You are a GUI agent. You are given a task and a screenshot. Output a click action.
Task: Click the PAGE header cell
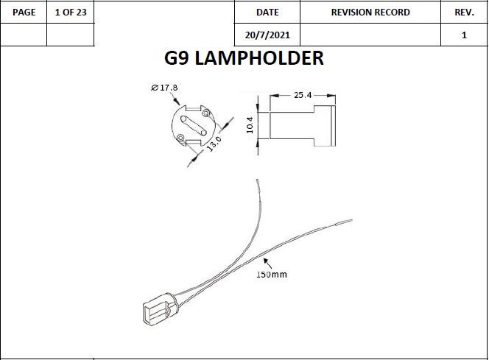[24, 13]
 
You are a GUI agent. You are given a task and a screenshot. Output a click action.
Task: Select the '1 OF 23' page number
[71, 13]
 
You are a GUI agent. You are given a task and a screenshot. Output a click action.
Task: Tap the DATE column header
[267, 13]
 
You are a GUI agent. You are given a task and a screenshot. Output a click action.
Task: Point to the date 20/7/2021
[267, 35]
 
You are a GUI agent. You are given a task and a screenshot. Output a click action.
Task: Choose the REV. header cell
[464, 13]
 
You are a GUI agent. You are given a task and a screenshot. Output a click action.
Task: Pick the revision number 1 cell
[464, 35]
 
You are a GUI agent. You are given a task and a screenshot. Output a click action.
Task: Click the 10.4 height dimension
[249, 126]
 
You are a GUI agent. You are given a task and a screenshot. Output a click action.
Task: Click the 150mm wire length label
[271, 275]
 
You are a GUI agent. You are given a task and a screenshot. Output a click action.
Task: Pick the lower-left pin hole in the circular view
[183, 135]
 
